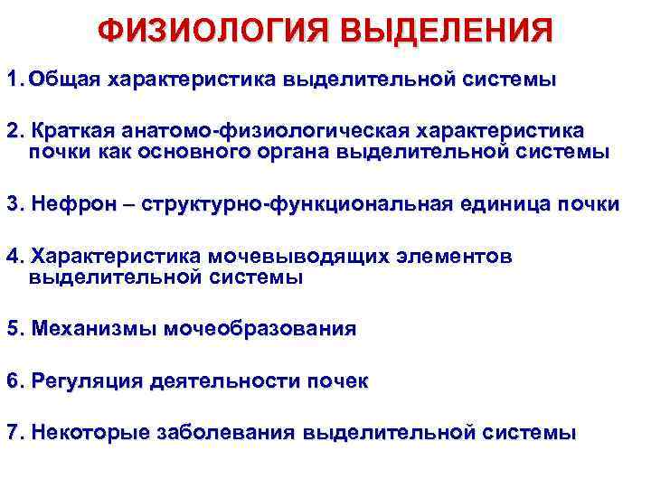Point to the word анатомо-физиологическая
pyautogui.click(x=255, y=131)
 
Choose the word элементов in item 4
pyautogui.click(x=456, y=257)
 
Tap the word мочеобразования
pyautogui.click(x=260, y=329)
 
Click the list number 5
pyautogui.click(x=13, y=329)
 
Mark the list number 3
pyautogui.click(x=13, y=205)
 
